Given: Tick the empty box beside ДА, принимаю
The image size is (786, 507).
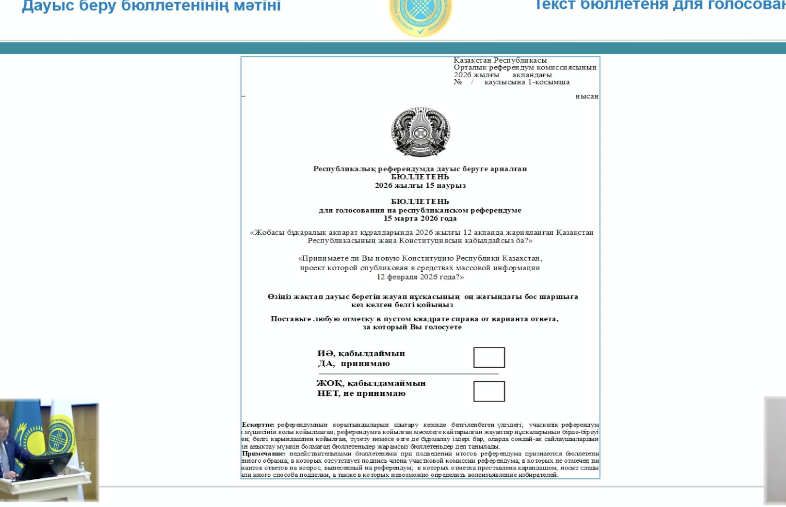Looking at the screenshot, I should [x=489, y=357].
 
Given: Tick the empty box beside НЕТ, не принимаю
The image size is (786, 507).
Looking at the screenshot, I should [x=489, y=391].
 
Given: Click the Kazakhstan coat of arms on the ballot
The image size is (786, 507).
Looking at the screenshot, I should [x=421, y=132].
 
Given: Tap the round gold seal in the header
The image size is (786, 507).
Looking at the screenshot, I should [x=421, y=16].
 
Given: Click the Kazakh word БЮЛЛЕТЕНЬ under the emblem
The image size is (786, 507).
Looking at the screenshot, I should [x=420, y=177].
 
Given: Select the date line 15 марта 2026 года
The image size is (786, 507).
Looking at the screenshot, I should [x=420, y=219].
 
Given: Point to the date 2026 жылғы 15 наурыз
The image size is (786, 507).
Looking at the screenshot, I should [x=420, y=185].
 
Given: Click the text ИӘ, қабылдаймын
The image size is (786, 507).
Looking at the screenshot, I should [x=361, y=353].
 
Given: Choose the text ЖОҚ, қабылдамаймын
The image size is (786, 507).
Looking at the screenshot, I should [x=371, y=383].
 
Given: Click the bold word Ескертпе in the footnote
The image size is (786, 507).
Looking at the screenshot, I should [x=258, y=425].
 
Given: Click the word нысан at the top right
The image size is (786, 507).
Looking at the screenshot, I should [x=587, y=96].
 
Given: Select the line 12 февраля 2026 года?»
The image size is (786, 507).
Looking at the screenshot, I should [x=420, y=277].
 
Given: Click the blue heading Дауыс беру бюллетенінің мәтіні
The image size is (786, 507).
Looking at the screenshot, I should [x=151, y=6].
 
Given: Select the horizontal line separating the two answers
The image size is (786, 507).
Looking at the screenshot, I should [x=409, y=374].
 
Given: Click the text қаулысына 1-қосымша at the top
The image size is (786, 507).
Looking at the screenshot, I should [x=527, y=82].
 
